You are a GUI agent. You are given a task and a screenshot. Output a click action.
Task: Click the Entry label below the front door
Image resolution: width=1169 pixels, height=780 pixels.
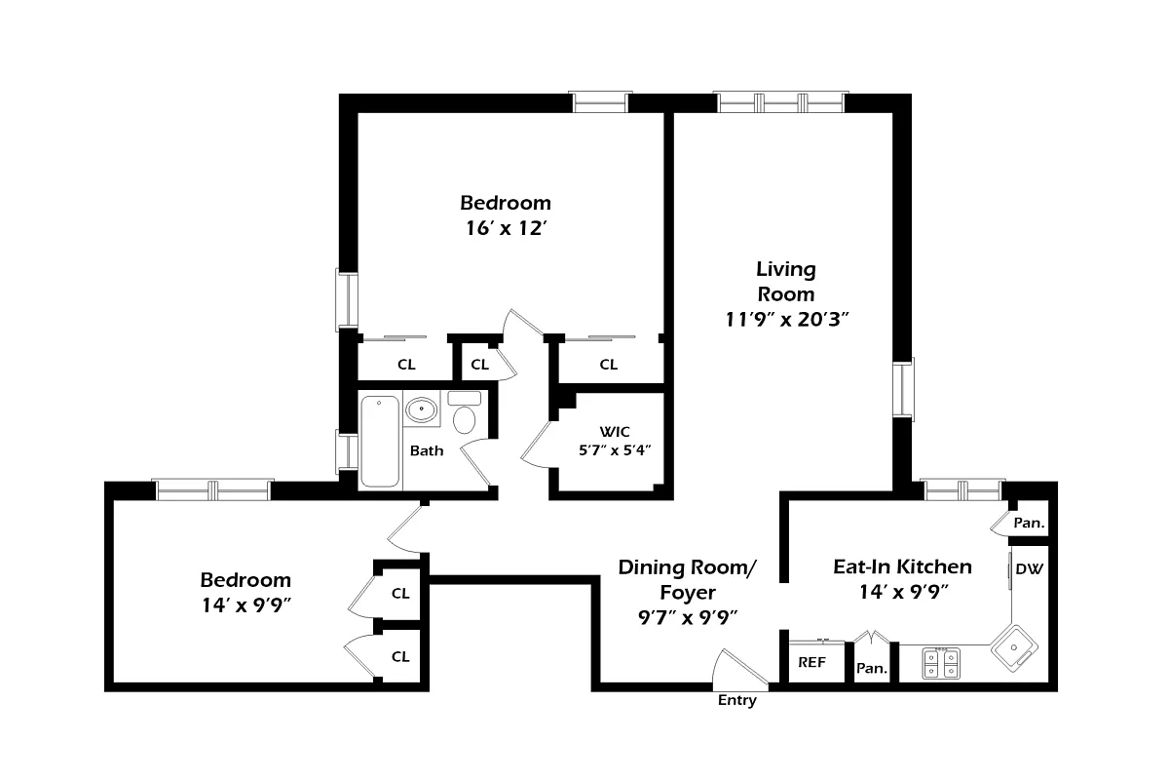pyautogui.click(x=736, y=700)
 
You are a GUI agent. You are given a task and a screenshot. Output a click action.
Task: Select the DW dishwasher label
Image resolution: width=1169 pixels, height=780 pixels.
pyautogui.click(x=1028, y=568)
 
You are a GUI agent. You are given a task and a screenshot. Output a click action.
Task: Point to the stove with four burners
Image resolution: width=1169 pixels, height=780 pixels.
pyautogui.click(x=941, y=664)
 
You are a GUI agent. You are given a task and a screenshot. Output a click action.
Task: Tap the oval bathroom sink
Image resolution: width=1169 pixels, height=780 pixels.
pyautogui.click(x=422, y=409)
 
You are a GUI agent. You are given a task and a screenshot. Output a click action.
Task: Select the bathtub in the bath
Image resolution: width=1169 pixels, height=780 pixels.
pyautogui.click(x=380, y=441)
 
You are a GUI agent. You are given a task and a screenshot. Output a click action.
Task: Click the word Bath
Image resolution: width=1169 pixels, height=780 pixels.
pyautogui.click(x=427, y=450)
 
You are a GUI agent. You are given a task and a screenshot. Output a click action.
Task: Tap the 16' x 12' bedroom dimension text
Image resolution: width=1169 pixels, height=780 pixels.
pyautogui.click(x=505, y=229)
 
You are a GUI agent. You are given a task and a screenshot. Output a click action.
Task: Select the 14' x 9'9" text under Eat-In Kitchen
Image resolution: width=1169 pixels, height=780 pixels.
pyautogui.click(x=902, y=591)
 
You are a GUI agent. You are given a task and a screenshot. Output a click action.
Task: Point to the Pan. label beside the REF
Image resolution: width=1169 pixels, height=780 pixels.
pyautogui.click(x=871, y=669)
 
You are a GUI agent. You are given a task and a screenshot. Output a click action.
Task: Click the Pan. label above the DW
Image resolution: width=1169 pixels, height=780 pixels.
pyautogui.click(x=1029, y=523)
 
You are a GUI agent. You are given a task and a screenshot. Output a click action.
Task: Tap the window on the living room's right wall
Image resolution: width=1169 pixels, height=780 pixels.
pyautogui.click(x=905, y=389)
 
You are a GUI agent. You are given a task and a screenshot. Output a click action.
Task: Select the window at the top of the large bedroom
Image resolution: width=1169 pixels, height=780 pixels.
pyautogui.click(x=600, y=102)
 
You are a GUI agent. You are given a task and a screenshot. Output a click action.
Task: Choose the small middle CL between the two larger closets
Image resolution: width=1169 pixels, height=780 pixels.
pyautogui.click(x=479, y=365)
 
